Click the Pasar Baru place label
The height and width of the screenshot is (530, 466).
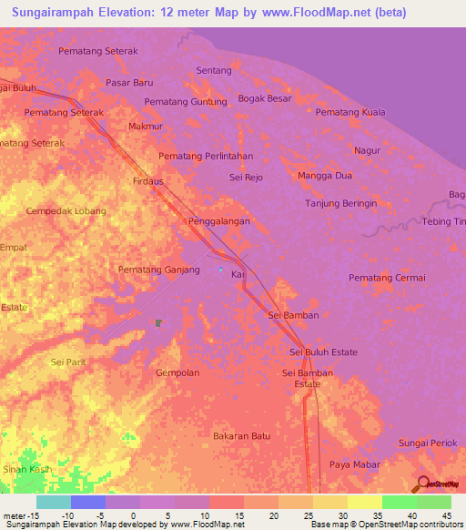coord(128,82)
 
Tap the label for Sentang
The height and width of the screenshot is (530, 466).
coord(214,70)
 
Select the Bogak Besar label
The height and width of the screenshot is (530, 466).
coord(264,98)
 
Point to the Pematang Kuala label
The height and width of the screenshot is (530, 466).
coord(350,112)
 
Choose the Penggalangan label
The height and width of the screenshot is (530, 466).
coord(219,221)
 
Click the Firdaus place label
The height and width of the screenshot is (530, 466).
coord(147,181)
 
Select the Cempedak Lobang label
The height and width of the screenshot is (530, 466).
coord(66,211)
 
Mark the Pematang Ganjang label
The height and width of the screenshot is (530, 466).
coord(159,270)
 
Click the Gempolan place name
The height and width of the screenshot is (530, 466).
coord(177,373)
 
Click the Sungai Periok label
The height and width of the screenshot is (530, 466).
coord(426,443)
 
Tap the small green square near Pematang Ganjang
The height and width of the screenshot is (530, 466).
coord(158,322)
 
